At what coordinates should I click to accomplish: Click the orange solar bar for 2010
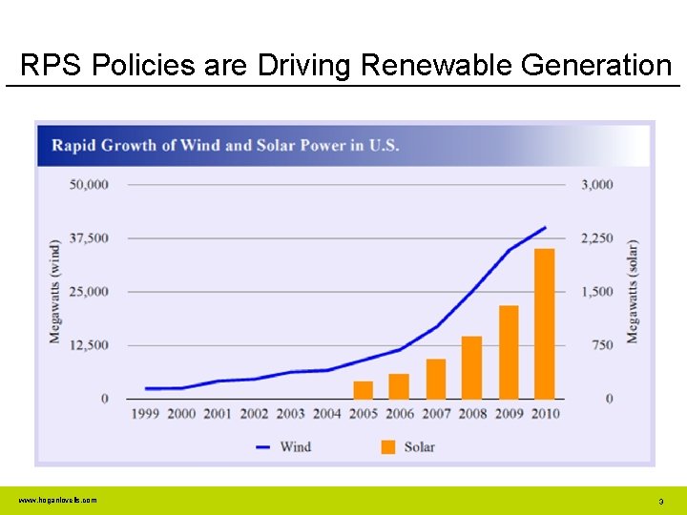544,323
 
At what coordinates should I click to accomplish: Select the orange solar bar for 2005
363,389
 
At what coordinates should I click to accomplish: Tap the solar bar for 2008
471,367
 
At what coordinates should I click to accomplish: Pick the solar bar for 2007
435,379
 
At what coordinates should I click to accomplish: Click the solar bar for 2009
509,352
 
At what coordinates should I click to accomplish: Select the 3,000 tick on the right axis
597,184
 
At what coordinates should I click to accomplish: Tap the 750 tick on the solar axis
602,345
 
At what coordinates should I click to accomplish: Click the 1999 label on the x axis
145,414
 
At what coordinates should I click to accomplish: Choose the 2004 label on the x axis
326,414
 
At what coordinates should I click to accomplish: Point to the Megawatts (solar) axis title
632,291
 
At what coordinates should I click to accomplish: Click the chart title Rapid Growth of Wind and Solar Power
225,146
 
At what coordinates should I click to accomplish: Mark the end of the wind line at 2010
545,227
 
